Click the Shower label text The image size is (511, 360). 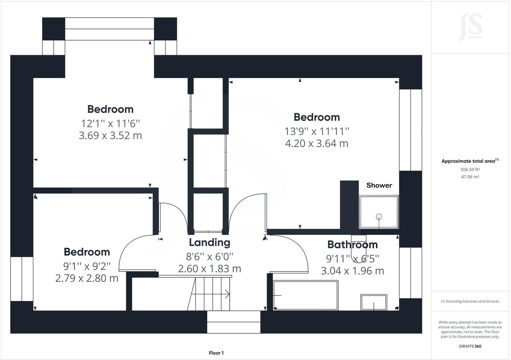[x=379, y=185]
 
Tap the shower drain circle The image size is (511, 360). [x=379, y=217]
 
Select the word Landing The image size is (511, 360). [x=210, y=243]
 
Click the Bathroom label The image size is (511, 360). [x=353, y=245]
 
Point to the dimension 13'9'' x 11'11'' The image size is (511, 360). [x=317, y=131]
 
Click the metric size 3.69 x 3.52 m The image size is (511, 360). [x=110, y=135]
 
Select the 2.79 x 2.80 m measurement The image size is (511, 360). [x=87, y=278]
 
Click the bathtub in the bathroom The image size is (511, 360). [x=306, y=295]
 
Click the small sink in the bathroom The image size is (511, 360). [x=374, y=302]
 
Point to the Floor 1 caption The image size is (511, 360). [x=216, y=353]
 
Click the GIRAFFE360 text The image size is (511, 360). [x=470, y=346]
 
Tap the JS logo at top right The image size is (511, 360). [x=470, y=27]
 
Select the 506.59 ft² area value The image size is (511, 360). [x=470, y=170]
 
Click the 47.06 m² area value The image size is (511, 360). [x=470, y=177]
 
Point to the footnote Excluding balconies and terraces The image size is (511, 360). [x=470, y=301]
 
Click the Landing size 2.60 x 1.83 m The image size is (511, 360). [x=210, y=269]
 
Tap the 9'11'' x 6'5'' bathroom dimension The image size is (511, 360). [x=353, y=258]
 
